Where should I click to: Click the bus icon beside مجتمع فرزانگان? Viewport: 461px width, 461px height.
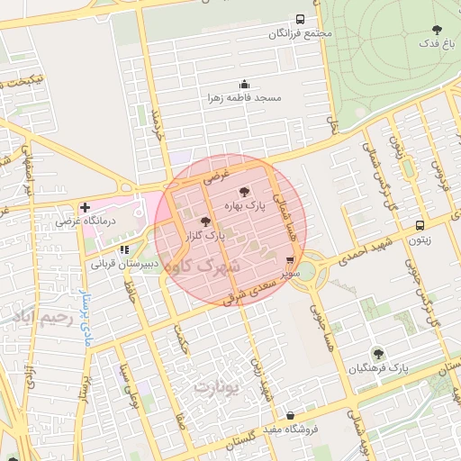(x=299, y=19)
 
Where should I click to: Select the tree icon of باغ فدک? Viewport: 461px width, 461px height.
(x=438, y=30)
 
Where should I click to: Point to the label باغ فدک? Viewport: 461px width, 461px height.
(x=438, y=43)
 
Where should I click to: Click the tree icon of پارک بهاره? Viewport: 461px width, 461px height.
(x=244, y=192)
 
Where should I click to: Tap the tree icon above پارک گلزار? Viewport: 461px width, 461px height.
(x=204, y=221)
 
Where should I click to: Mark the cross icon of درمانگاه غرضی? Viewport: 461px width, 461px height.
(x=85, y=207)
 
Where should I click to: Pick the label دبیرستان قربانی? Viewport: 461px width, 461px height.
(x=125, y=265)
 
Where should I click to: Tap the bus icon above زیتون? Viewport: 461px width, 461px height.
(x=420, y=226)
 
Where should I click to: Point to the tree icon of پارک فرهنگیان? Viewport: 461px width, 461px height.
(x=377, y=354)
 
